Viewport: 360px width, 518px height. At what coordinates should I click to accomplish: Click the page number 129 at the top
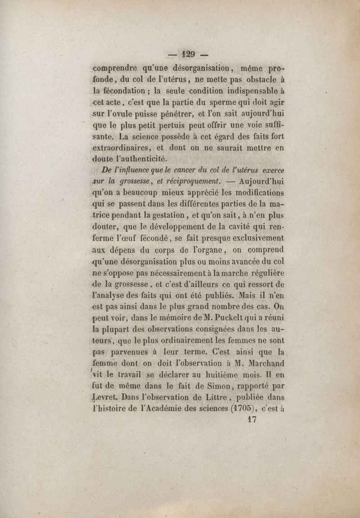(x=188, y=55)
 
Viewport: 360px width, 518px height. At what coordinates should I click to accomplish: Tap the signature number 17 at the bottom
(x=252, y=420)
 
